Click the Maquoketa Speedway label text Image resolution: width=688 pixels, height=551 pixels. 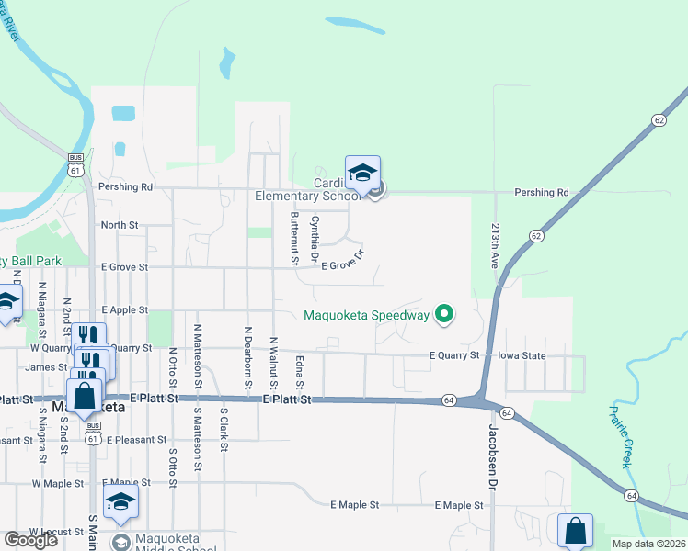pos(367,315)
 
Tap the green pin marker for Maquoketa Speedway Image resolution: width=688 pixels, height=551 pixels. pos(444,315)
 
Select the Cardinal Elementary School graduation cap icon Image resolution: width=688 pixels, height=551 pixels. pos(362,173)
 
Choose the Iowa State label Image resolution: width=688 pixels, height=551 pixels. pos(522,355)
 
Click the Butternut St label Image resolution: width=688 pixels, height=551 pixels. pos(294,238)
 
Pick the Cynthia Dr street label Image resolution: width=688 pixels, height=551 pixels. pos(315,238)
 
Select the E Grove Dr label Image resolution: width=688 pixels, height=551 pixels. pos(344,259)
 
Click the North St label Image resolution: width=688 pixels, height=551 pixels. pos(119,224)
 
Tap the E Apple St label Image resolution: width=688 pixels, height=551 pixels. pos(125,310)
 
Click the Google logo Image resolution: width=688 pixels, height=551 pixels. pos(30,540)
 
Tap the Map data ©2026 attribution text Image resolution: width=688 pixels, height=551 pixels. pos(648,544)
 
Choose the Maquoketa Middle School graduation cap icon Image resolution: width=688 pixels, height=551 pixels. pos(120,501)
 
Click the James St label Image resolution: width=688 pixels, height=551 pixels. pos(46,367)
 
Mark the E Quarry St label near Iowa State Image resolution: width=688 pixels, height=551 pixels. pos(453,355)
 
